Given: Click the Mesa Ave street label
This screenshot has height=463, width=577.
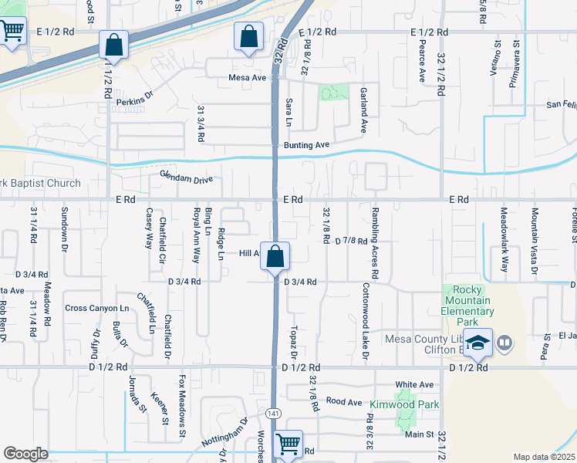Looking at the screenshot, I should (247, 78).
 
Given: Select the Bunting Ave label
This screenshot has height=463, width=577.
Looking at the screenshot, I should (306, 144).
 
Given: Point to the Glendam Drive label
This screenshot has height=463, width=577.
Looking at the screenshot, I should (185, 179).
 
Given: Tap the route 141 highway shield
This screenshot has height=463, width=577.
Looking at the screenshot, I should (273, 414).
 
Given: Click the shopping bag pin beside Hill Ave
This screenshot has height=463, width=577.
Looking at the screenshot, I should (275, 256).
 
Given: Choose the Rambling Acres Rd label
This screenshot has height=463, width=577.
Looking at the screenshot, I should (375, 243).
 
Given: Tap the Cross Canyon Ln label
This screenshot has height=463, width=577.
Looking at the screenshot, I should (97, 308).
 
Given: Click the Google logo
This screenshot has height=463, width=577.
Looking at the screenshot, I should (25, 453).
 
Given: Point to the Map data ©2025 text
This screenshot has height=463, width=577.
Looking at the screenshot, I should (544, 457).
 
